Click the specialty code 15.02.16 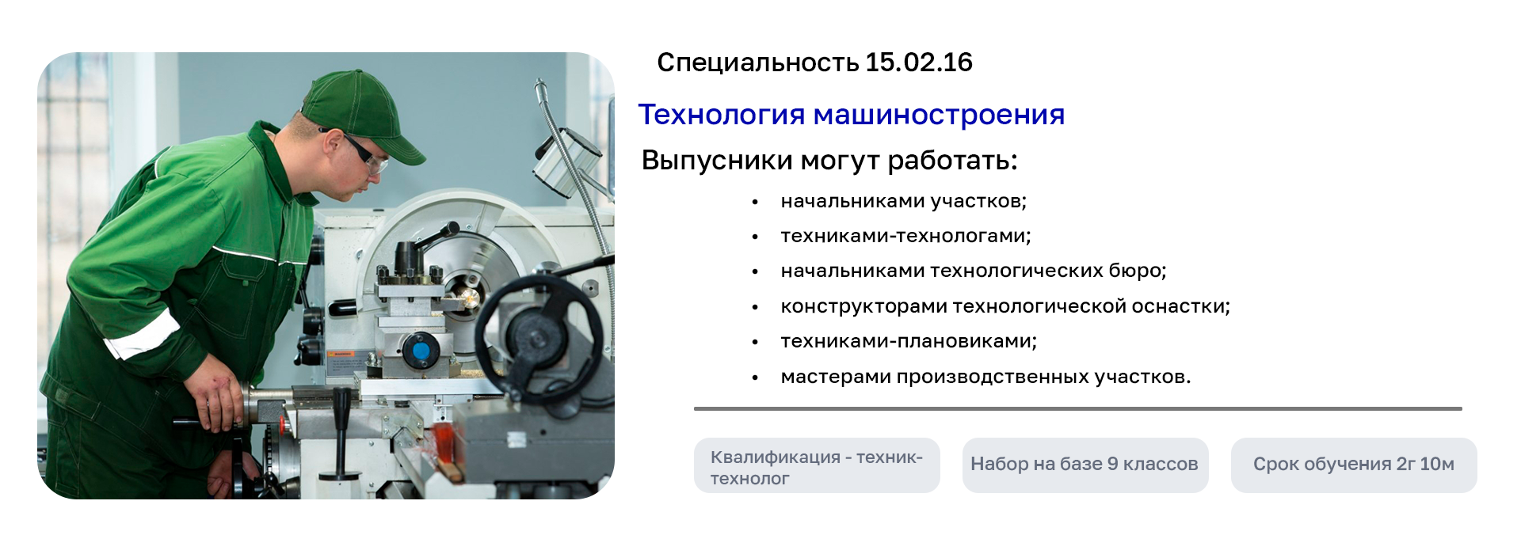click(919, 63)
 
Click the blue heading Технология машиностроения click(852, 115)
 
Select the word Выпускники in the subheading click(717, 161)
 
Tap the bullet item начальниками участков click(903, 201)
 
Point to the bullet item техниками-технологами click(905, 236)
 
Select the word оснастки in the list click(1180, 306)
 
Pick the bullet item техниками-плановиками click(909, 341)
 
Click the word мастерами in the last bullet click(836, 377)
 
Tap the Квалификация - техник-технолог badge click(817, 466)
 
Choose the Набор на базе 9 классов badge click(1085, 466)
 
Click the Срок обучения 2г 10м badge click(1354, 466)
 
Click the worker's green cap click(360, 111)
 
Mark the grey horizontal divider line click(1078, 408)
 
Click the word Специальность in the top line click(758, 63)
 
